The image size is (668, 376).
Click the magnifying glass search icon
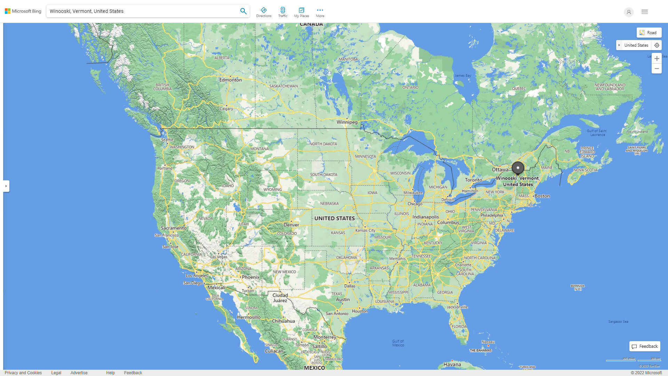(243, 11)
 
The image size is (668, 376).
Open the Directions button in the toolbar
(263, 12)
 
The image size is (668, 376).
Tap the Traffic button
(283, 12)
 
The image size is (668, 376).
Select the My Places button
(301, 12)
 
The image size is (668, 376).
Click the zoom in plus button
(657, 58)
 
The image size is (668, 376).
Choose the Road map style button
(649, 33)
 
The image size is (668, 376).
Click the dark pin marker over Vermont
(518, 168)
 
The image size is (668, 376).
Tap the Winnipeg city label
(347, 122)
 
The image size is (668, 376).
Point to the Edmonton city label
(230, 80)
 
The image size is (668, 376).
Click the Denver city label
(291, 225)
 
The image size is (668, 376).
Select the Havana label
(452, 365)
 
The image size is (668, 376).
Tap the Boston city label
(542, 196)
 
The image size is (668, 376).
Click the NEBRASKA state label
(329, 204)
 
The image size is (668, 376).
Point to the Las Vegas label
(218, 257)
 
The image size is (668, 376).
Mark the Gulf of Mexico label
(398, 343)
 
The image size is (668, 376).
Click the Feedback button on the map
(645, 346)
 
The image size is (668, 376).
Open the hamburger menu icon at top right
(645, 12)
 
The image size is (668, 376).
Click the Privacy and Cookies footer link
(23, 373)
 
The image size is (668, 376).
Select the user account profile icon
(629, 12)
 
